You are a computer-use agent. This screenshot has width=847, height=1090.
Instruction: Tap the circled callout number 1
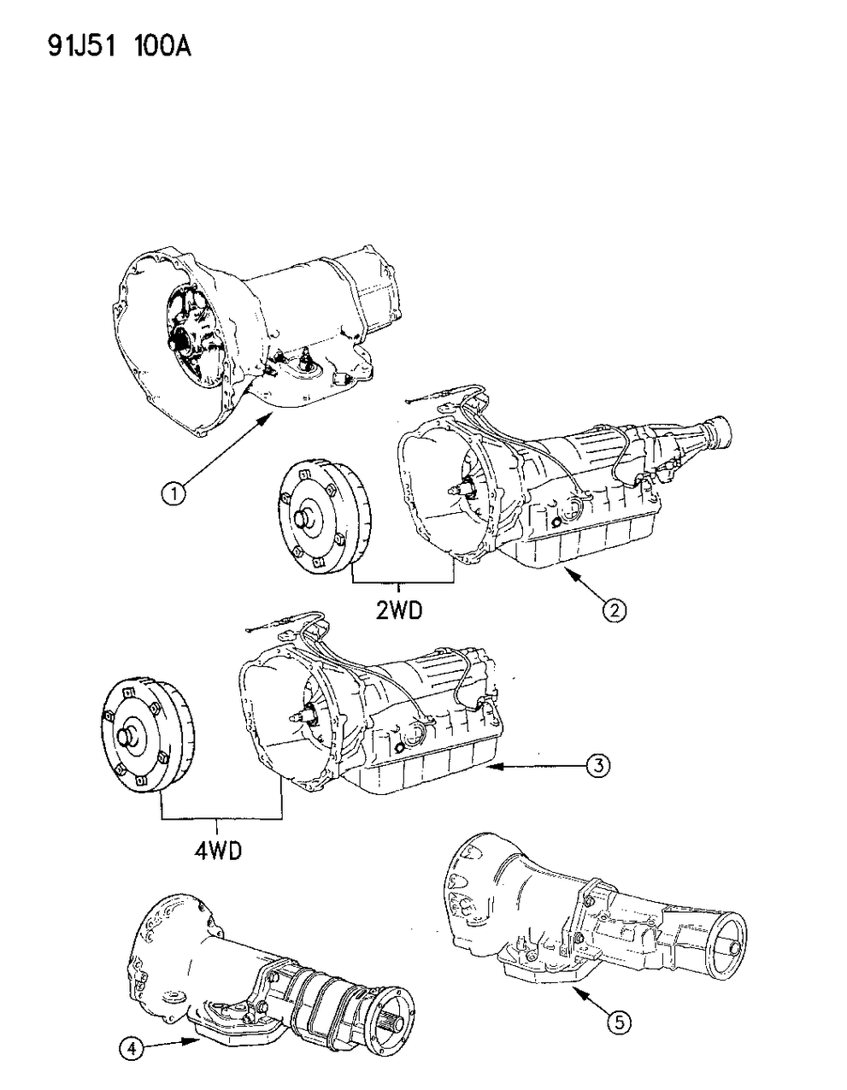point(175,492)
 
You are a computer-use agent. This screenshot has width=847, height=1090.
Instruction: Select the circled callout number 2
point(615,610)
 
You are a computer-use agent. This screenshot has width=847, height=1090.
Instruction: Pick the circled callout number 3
point(597,767)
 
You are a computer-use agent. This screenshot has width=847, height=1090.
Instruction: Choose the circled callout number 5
point(619,1020)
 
